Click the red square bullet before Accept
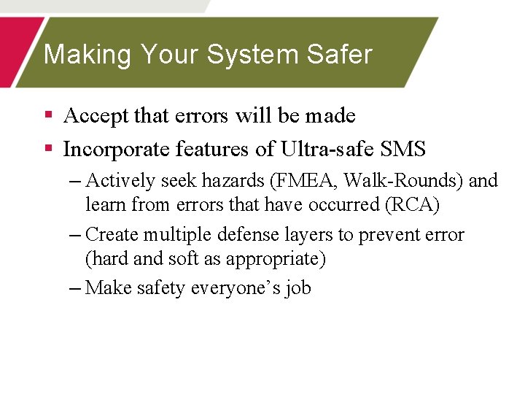(48, 115)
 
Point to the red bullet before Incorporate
(48, 149)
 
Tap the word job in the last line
(298, 288)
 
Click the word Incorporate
(117, 150)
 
